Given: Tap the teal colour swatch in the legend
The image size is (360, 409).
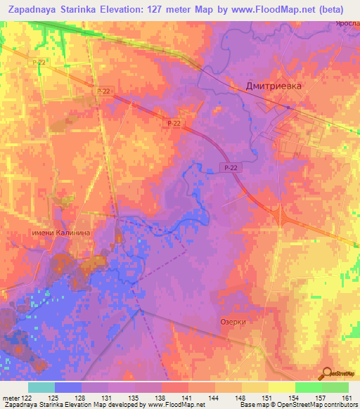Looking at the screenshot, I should [41, 387].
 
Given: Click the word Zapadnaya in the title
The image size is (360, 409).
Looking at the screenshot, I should [32, 10].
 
